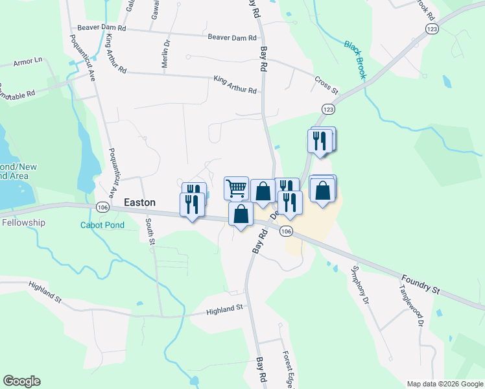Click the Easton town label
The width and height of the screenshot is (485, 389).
pos(139,202)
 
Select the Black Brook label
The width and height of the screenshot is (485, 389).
pos(356,60)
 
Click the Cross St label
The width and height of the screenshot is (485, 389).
pos(326,84)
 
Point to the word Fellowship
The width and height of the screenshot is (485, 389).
pos(23,222)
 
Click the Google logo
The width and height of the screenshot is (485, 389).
pos(21,381)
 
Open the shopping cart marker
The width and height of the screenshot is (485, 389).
pos(237,188)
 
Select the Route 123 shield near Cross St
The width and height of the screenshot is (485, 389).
pos(327,109)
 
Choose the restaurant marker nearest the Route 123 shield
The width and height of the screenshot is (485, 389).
pos(319,141)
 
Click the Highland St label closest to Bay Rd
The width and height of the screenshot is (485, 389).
pos(224,310)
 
